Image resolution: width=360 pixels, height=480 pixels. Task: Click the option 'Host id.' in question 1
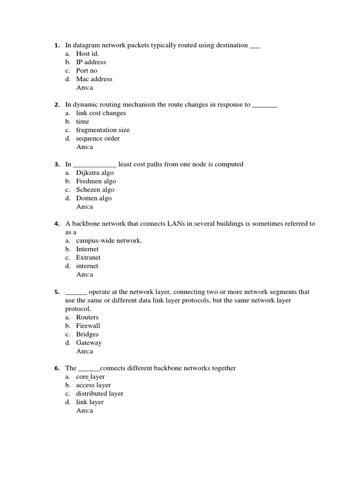(x=88, y=53)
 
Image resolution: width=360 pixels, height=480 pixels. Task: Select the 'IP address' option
(x=91, y=62)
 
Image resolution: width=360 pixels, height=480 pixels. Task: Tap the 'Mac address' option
(x=94, y=79)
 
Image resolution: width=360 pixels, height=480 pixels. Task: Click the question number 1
(x=56, y=45)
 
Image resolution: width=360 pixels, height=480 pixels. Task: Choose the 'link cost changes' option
(x=101, y=113)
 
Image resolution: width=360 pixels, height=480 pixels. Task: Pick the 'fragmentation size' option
(x=103, y=130)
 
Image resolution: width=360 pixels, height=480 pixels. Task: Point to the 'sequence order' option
(x=97, y=138)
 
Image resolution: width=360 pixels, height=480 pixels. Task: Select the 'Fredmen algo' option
(x=96, y=181)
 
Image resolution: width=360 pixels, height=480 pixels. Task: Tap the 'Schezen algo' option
(x=95, y=189)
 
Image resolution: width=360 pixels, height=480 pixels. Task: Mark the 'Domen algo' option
(x=94, y=198)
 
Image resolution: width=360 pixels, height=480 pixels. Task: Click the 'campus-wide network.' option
(x=109, y=240)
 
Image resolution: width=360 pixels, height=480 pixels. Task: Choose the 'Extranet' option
(x=88, y=257)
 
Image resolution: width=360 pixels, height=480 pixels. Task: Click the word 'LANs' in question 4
(x=176, y=224)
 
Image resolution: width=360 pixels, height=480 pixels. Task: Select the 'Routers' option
(x=87, y=317)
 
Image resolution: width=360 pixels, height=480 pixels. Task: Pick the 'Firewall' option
(x=88, y=325)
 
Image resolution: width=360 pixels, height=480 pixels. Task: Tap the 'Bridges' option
(x=87, y=334)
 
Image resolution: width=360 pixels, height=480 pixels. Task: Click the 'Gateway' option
(x=89, y=343)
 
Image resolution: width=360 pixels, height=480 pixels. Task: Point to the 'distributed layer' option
(x=99, y=394)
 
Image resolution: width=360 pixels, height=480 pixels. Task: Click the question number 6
(x=56, y=368)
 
